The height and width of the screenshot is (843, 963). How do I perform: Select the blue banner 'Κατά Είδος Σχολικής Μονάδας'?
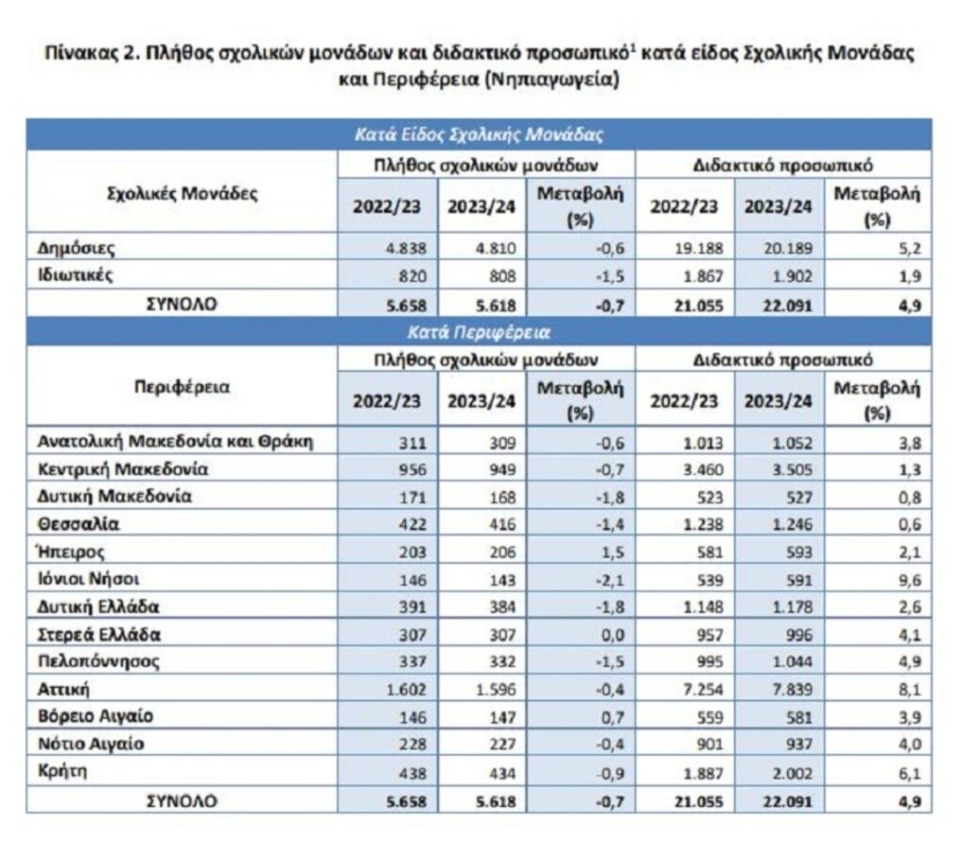pos(478,134)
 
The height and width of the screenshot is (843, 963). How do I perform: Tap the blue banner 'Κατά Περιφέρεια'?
pos(478,331)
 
